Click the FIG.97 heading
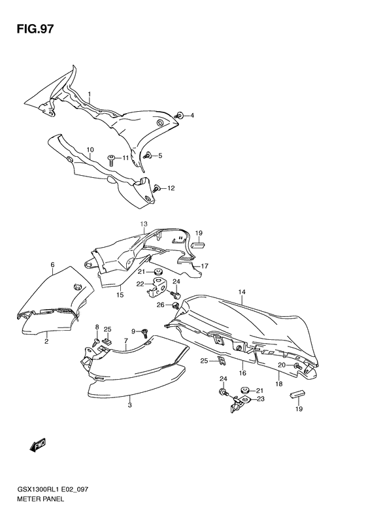[x=35, y=29]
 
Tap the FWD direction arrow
[x=37, y=444]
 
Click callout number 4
[x=192, y=116]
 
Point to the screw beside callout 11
[x=111, y=160]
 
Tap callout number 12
[x=171, y=188]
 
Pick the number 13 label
[x=144, y=224]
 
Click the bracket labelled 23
[x=241, y=403]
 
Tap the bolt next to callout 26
[x=176, y=305]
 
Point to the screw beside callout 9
[x=144, y=333]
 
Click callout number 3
[x=129, y=405]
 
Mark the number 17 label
[x=205, y=266]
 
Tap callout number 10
[x=90, y=150]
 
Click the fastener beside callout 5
[x=147, y=155]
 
